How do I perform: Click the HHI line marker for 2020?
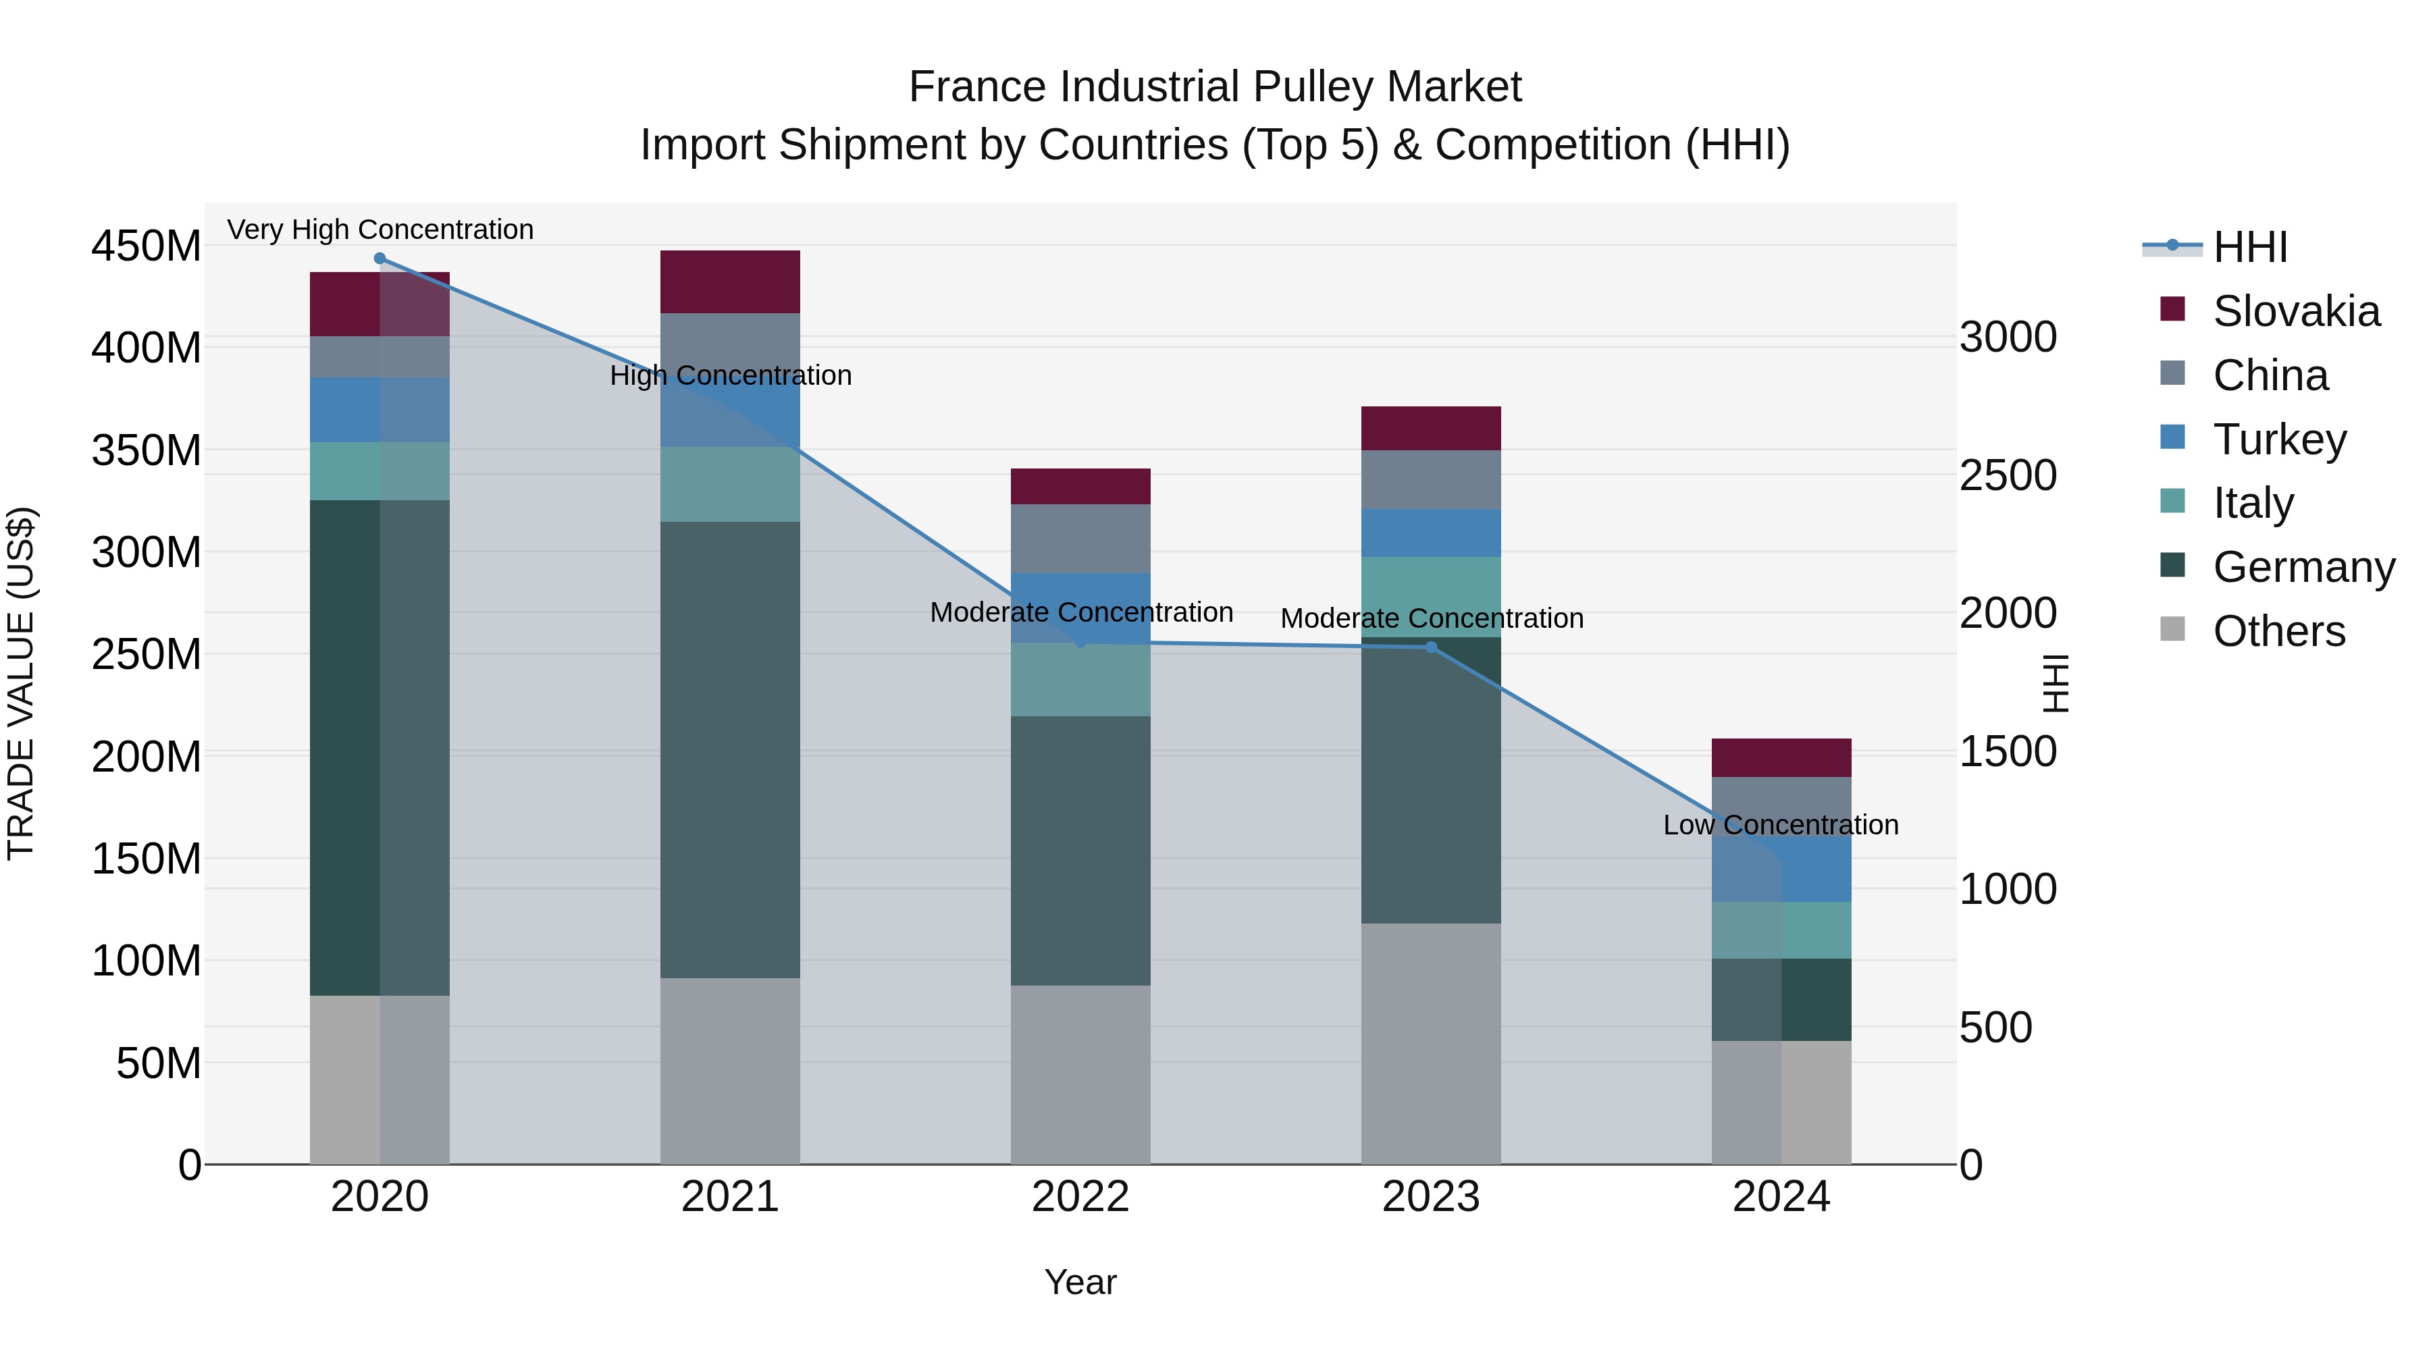tap(380, 259)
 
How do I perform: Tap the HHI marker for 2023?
tap(1431, 647)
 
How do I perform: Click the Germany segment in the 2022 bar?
tap(1080, 850)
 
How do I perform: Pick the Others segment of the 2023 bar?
tap(1431, 1042)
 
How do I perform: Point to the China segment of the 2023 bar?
tap(1431, 479)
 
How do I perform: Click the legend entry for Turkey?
tap(2278, 439)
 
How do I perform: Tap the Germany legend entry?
tap(2303, 567)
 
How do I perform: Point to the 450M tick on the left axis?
tap(147, 246)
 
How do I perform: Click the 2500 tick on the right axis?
tap(2008, 475)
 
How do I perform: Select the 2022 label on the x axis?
tap(1080, 1197)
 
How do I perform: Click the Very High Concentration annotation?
tap(380, 230)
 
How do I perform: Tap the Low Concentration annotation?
tap(1781, 824)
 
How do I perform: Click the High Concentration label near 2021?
tap(731, 375)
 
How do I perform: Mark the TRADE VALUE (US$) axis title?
tap(21, 683)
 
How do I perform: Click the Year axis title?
tap(1080, 1282)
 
